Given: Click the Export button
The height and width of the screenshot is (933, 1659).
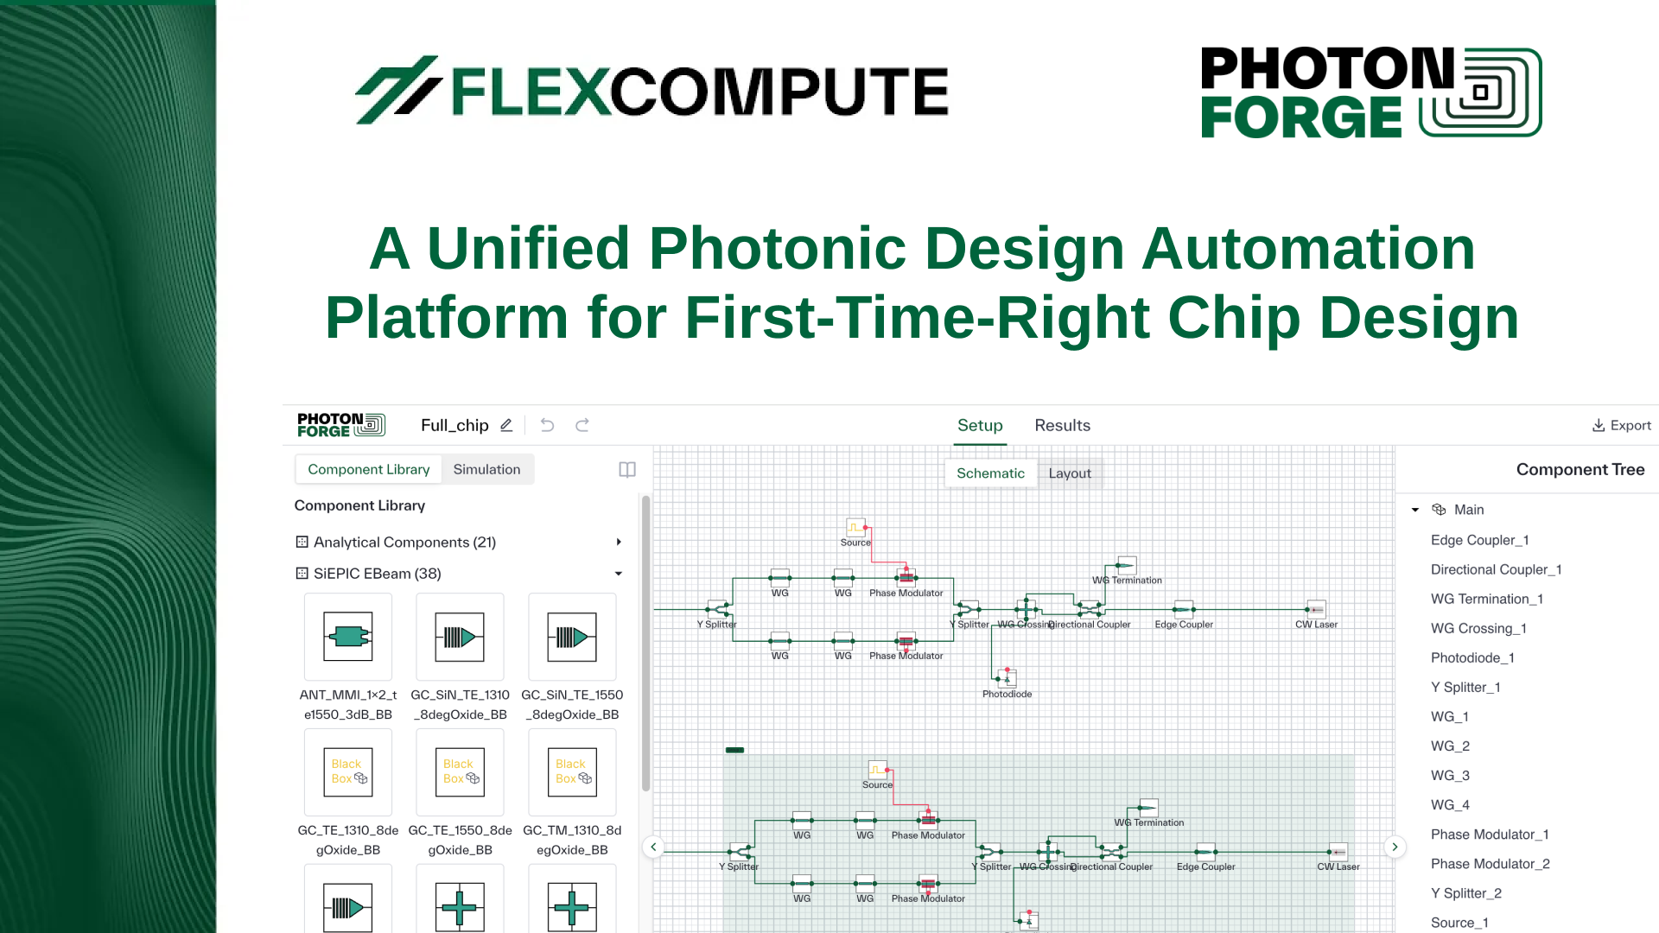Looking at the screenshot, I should click(x=1621, y=425).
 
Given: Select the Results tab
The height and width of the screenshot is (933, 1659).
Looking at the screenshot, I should click(x=1062, y=425).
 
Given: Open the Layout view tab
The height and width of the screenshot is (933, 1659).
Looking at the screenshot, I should click(x=1069, y=473).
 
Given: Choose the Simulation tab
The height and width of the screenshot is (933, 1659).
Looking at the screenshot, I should click(x=486, y=469).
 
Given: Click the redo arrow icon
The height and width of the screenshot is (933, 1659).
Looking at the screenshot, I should click(x=582, y=425).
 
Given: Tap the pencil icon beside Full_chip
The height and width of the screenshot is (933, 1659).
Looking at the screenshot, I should click(x=506, y=425).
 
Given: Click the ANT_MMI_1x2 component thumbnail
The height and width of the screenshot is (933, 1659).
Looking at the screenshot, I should click(x=347, y=637).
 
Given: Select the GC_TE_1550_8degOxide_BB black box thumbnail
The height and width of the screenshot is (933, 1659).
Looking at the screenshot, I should click(x=460, y=771).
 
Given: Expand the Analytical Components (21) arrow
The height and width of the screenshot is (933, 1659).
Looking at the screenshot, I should click(x=619, y=543).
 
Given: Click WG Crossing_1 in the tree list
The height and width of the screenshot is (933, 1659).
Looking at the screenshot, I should click(x=1478, y=628).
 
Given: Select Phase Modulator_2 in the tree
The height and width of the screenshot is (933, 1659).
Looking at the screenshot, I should click(x=1490, y=864).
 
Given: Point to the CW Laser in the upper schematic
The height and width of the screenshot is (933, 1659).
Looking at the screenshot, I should click(x=1316, y=610).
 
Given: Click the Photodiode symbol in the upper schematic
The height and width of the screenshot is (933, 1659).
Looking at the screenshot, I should click(x=1007, y=679).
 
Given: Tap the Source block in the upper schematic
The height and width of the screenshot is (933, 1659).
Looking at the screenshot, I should click(x=855, y=527).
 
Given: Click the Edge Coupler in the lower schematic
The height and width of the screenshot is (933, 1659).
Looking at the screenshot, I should click(x=1205, y=852).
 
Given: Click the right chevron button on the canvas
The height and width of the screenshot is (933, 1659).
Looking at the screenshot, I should click(x=1395, y=847).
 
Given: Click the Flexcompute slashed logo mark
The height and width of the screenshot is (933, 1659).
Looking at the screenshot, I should click(x=397, y=90).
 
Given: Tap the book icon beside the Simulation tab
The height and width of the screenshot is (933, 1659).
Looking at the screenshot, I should click(x=627, y=469).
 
